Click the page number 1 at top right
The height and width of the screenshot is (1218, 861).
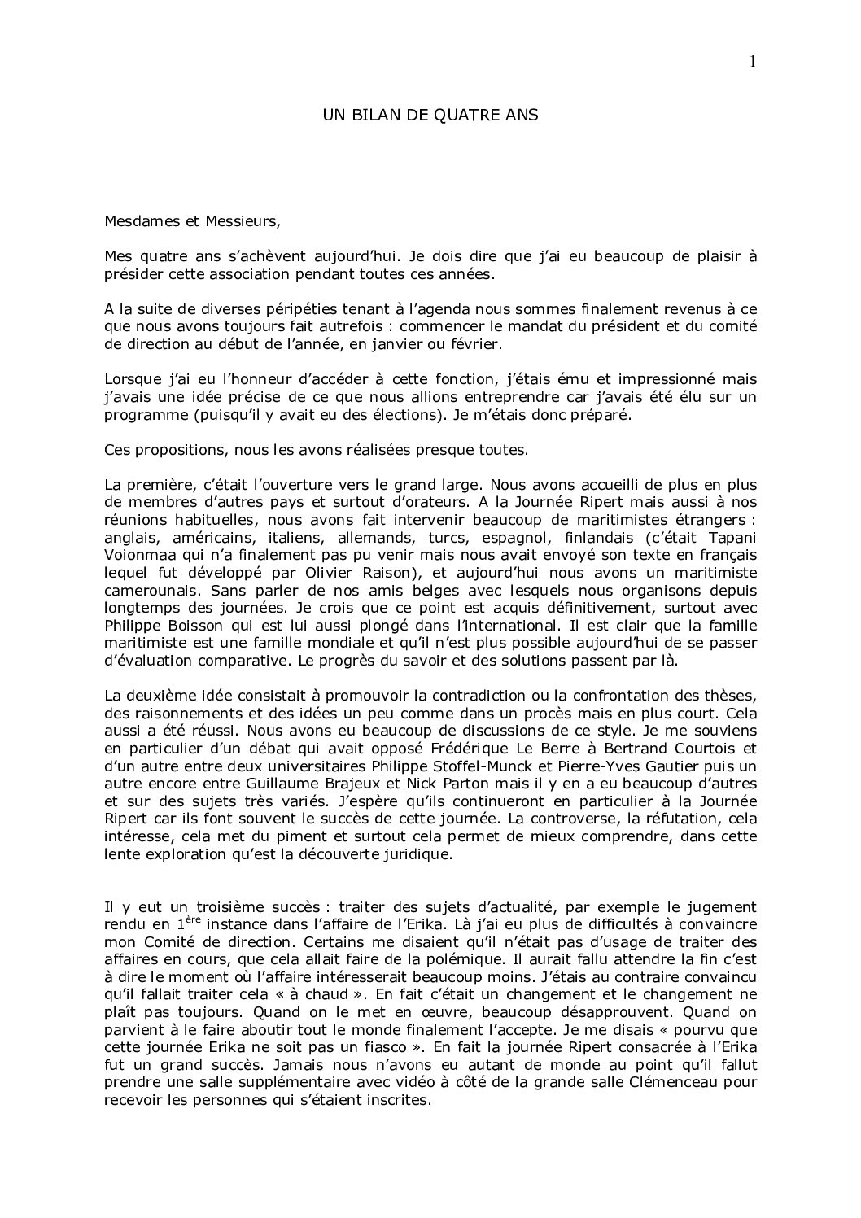753,61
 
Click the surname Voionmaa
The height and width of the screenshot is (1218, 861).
139,554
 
